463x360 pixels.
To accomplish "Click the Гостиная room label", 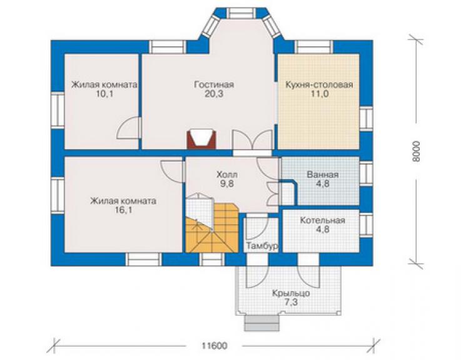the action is click(x=214, y=85).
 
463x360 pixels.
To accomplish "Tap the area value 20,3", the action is click(x=214, y=94).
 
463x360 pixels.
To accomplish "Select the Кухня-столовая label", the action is click(x=319, y=85).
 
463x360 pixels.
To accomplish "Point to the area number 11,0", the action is click(x=320, y=94).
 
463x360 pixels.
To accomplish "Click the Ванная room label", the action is click(x=323, y=175).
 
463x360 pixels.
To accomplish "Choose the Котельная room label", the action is click(x=322, y=220).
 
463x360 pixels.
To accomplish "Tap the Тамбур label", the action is click(x=262, y=246).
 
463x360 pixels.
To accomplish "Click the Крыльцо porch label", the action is click(x=291, y=294).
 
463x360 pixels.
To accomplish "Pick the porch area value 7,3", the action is click(x=291, y=302).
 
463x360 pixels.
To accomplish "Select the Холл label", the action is click(x=226, y=175).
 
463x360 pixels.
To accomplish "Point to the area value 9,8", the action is click(x=226, y=184).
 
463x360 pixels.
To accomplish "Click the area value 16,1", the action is click(x=123, y=210).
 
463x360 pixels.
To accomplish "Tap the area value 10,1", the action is click(x=105, y=94).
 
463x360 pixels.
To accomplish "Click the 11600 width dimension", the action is click(x=214, y=346).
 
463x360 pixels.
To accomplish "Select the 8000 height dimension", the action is click(x=416, y=151).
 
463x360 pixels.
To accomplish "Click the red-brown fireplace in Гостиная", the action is click(x=201, y=139).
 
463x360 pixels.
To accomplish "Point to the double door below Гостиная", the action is click(x=252, y=140).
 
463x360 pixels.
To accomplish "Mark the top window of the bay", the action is click(x=242, y=13).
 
